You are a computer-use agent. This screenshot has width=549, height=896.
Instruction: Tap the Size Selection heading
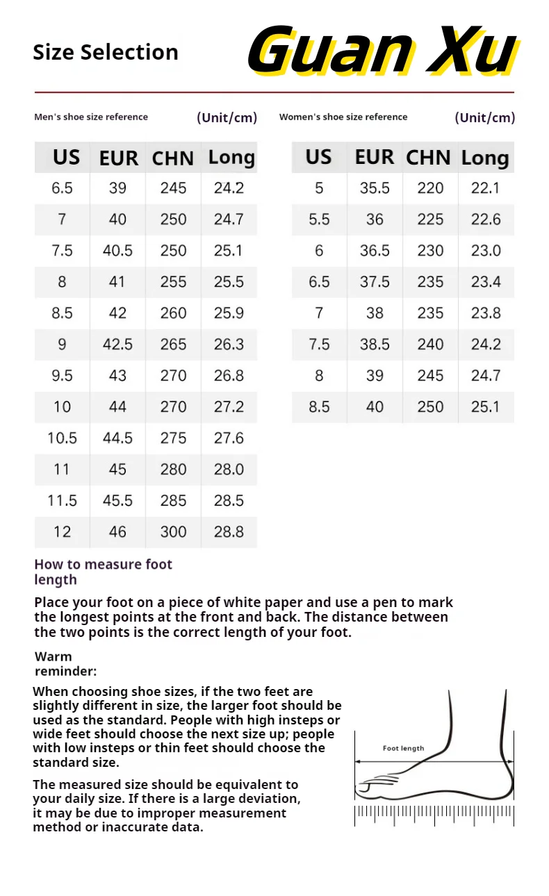tap(106, 52)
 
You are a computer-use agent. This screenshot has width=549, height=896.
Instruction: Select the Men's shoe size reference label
tap(91, 117)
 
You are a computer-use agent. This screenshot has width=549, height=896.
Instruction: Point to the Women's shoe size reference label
tap(343, 117)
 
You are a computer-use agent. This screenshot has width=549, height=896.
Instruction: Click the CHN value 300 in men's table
tap(173, 532)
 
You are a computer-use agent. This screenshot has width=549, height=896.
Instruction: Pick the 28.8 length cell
tap(229, 532)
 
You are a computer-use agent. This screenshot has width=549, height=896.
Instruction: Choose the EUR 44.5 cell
tap(117, 438)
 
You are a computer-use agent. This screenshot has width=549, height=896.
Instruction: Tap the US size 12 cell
tap(62, 532)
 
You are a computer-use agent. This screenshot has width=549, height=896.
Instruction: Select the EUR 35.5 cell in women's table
tap(375, 188)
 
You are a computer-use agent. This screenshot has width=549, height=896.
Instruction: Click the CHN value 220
tap(430, 188)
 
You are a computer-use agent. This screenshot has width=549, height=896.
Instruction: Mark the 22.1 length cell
tap(486, 188)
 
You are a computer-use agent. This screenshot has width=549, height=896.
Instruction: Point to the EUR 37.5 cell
tap(375, 282)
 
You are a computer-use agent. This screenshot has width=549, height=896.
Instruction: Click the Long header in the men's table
tap(231, 158)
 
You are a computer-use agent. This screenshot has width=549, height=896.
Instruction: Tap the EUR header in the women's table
tap(375, 158)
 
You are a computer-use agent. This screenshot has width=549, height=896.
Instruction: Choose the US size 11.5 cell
tap(62, 501)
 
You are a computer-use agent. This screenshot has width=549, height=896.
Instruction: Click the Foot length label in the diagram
tap(403, 748)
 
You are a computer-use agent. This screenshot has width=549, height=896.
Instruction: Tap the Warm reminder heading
tap(65, 663)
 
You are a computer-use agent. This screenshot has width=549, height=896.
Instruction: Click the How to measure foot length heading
tap(103, 572)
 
